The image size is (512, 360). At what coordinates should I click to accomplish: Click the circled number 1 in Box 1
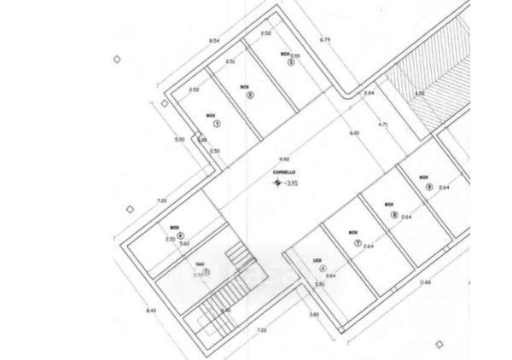(x=216, y=124)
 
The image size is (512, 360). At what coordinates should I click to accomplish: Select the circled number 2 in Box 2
(x=250, y=95)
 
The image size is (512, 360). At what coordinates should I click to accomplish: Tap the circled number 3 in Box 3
(x=291, y=61)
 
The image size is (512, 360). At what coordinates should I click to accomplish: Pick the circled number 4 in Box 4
(x=180, y=235)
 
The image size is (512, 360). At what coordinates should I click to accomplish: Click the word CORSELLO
(x=284, y=173)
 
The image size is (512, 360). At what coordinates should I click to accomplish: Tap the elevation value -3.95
(x=293, y=183)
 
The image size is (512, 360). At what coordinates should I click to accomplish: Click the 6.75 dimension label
(x=324, y=39)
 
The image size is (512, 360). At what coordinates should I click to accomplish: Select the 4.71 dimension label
(x=383, y=125)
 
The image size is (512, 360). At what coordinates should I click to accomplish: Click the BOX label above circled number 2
(x=244, y=86)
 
